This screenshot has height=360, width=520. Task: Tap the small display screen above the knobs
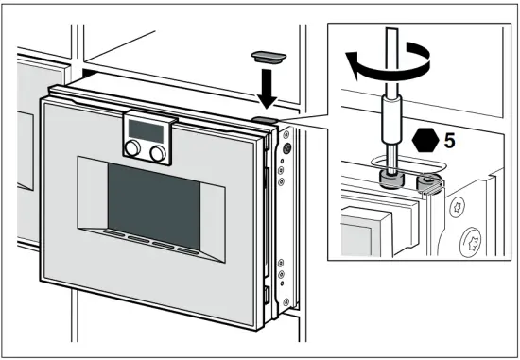[x=146, y=128]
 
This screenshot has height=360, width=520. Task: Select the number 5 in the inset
[x=450, y=140]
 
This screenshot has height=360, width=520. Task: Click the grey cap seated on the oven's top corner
[x=264, y=121]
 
